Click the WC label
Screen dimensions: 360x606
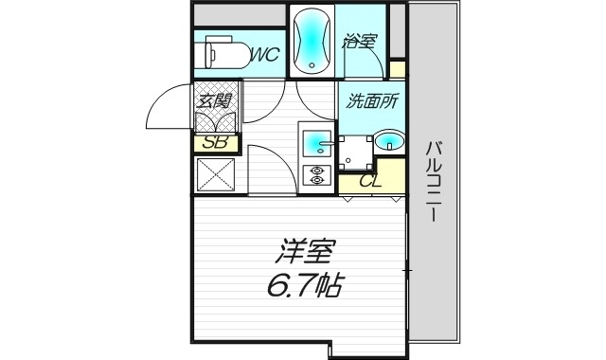[263, 55]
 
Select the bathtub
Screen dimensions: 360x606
[312, 41]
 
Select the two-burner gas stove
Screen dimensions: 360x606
[314, 174]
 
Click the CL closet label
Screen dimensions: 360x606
[369, 181]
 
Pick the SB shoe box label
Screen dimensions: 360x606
[215, 143]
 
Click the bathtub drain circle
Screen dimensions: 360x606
[312, 64]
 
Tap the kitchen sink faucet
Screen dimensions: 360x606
[327, 144]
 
